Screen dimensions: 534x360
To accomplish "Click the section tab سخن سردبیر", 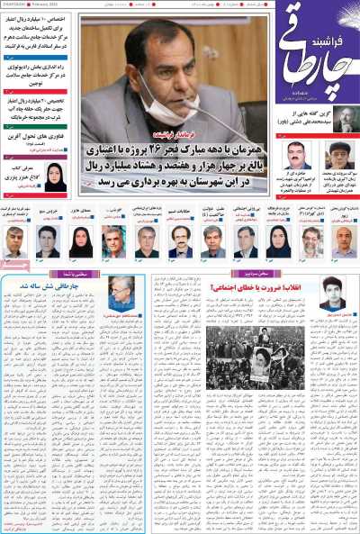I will (251, 270).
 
